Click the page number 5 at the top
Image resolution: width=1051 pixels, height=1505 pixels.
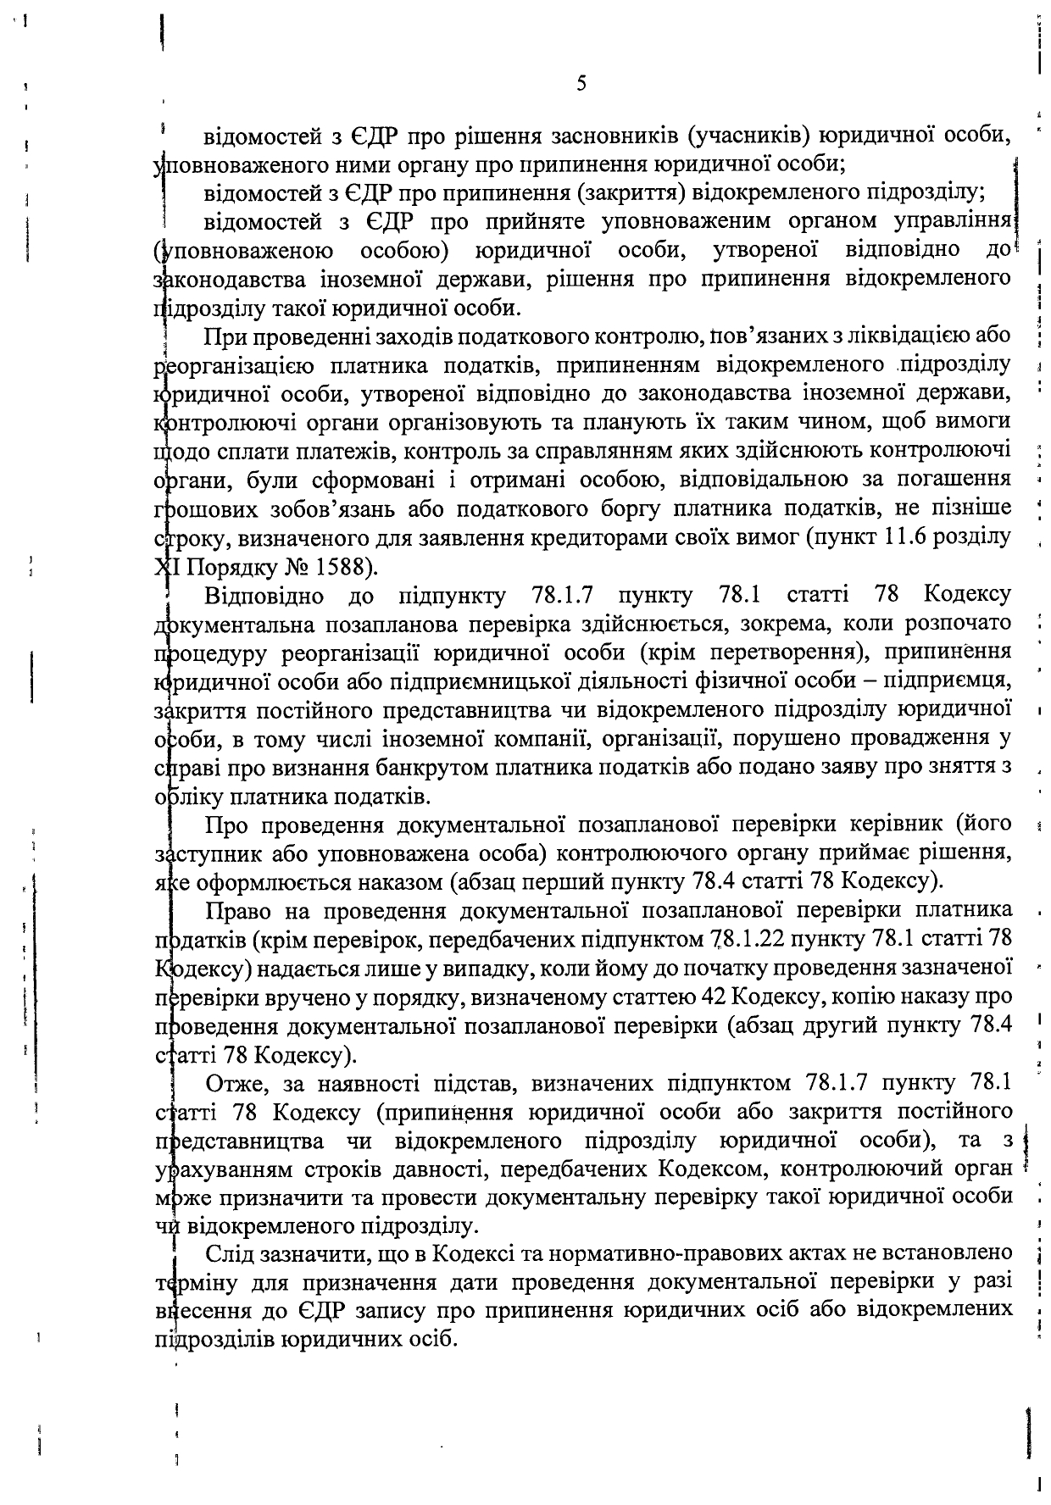(581, 84)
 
